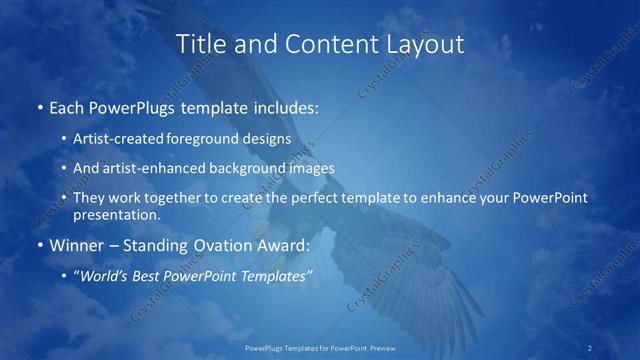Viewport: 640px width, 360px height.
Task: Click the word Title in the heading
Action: tap(201, 44)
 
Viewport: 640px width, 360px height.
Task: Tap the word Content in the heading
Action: tap(322, 44)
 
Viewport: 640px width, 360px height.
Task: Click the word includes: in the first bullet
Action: tap(288, 105)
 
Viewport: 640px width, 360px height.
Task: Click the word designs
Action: tap(268, 140)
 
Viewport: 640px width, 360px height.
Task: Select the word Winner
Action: tap(76, 243)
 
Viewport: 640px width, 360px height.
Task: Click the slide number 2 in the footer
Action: tap(590, 347)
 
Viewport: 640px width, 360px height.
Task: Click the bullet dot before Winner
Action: tap(39, 243)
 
